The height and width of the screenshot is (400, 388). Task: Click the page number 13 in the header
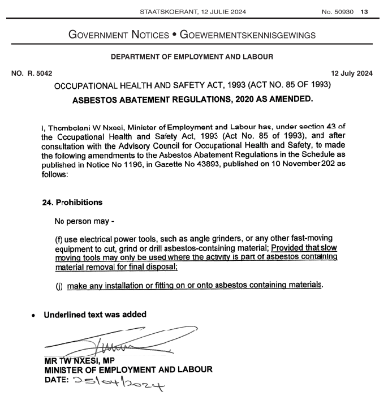pyautogui.click(x=364, y=12)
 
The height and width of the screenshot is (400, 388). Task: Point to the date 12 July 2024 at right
pyautogui.click(x=352, y=72)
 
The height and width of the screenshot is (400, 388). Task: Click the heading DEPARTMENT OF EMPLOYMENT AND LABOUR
pyautogui.click(x=192, y=57)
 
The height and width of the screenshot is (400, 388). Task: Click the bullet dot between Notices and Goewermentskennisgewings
pyautogui.click(x=175, y=35)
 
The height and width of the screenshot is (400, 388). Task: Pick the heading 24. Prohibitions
pyautogui.click(x=72, y=202)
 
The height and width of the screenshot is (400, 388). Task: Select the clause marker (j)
pyautogui.click(x=58, y=286)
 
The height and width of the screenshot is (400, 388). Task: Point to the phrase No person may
pyautogui.click(x=81, y=220)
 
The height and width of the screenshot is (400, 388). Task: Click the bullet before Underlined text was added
pyautogui.click(x=35, y=316)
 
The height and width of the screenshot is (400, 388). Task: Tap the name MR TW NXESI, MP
pyautogui.click(x=80, y=360)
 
